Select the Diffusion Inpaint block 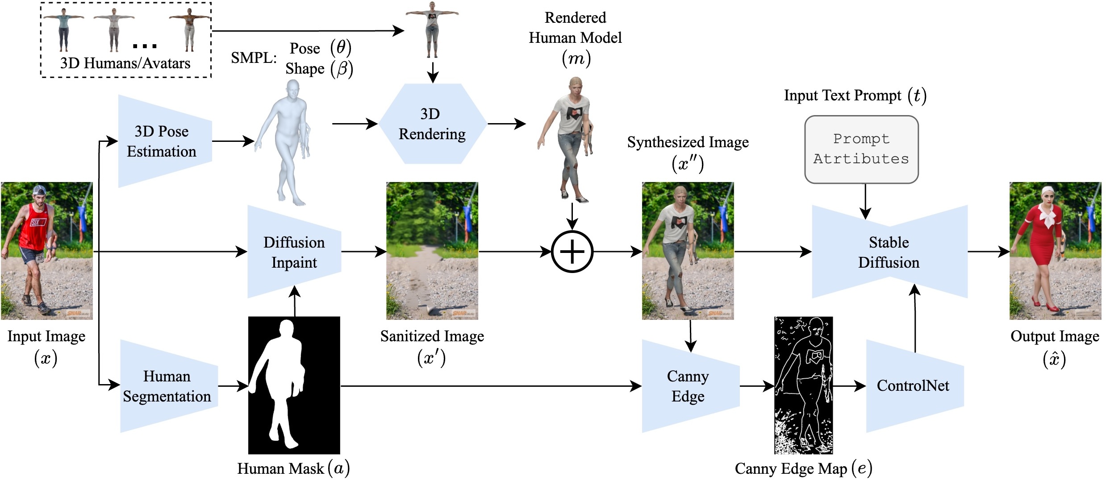294,252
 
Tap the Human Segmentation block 168,386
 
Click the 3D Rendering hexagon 432,124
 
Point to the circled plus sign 572,252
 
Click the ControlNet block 914,386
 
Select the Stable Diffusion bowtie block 889,252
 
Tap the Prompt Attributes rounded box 861,149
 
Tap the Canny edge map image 803,385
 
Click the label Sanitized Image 432,336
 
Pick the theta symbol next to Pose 341,47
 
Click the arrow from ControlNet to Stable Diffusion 915,319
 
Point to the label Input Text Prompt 843,95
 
